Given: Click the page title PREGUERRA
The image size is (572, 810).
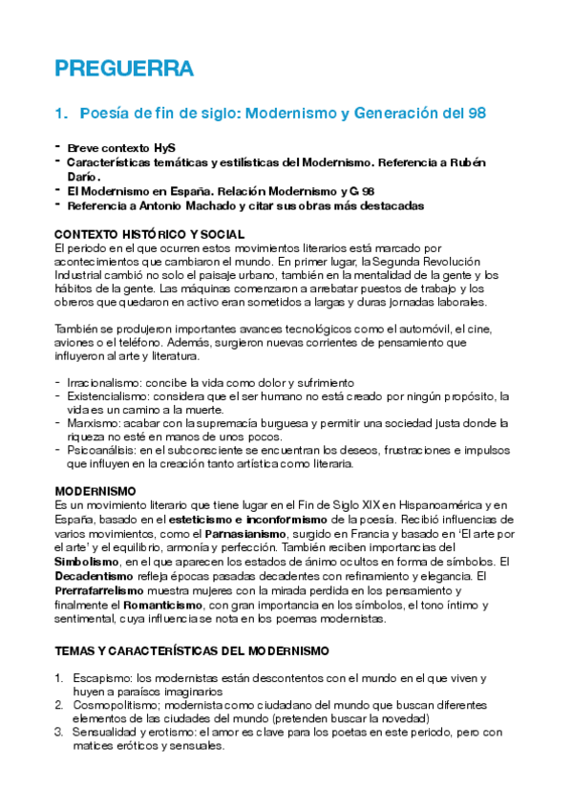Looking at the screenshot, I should pos(124,69).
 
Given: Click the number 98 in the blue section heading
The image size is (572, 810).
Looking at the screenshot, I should pos(476,113).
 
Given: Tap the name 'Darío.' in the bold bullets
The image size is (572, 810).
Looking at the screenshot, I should pos(83,177).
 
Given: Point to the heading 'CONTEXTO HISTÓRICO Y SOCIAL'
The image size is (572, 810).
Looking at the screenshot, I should pos(150,234).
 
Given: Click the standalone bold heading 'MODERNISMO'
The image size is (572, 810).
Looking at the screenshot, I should pos(95,491).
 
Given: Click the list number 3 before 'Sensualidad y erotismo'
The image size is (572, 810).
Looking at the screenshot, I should pos(59,733).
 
